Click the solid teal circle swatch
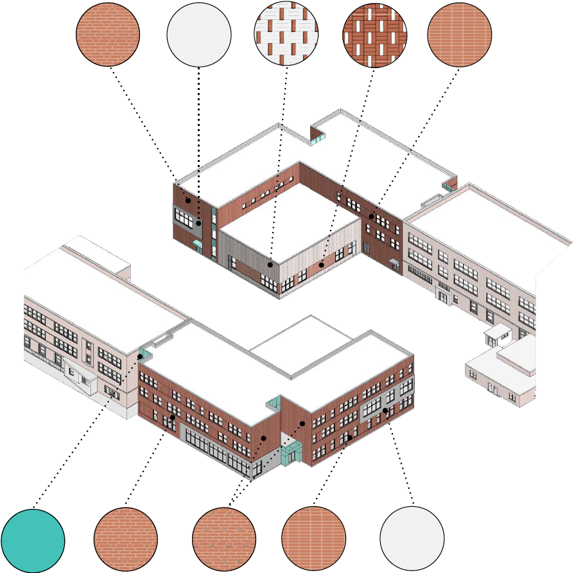tap(33, 540)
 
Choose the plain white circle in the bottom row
tap(412, 538)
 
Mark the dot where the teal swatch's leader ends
tap(141, 357)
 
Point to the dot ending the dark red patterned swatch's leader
tap(322, 265)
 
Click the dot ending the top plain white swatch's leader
tap(199, 223)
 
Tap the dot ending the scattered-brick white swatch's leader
tap(271, 264)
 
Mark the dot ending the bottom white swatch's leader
tap(385, 410)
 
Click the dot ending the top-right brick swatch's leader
tap(371, 217)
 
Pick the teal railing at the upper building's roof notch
tap(319, 136)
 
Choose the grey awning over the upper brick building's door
tap(394, 261)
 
